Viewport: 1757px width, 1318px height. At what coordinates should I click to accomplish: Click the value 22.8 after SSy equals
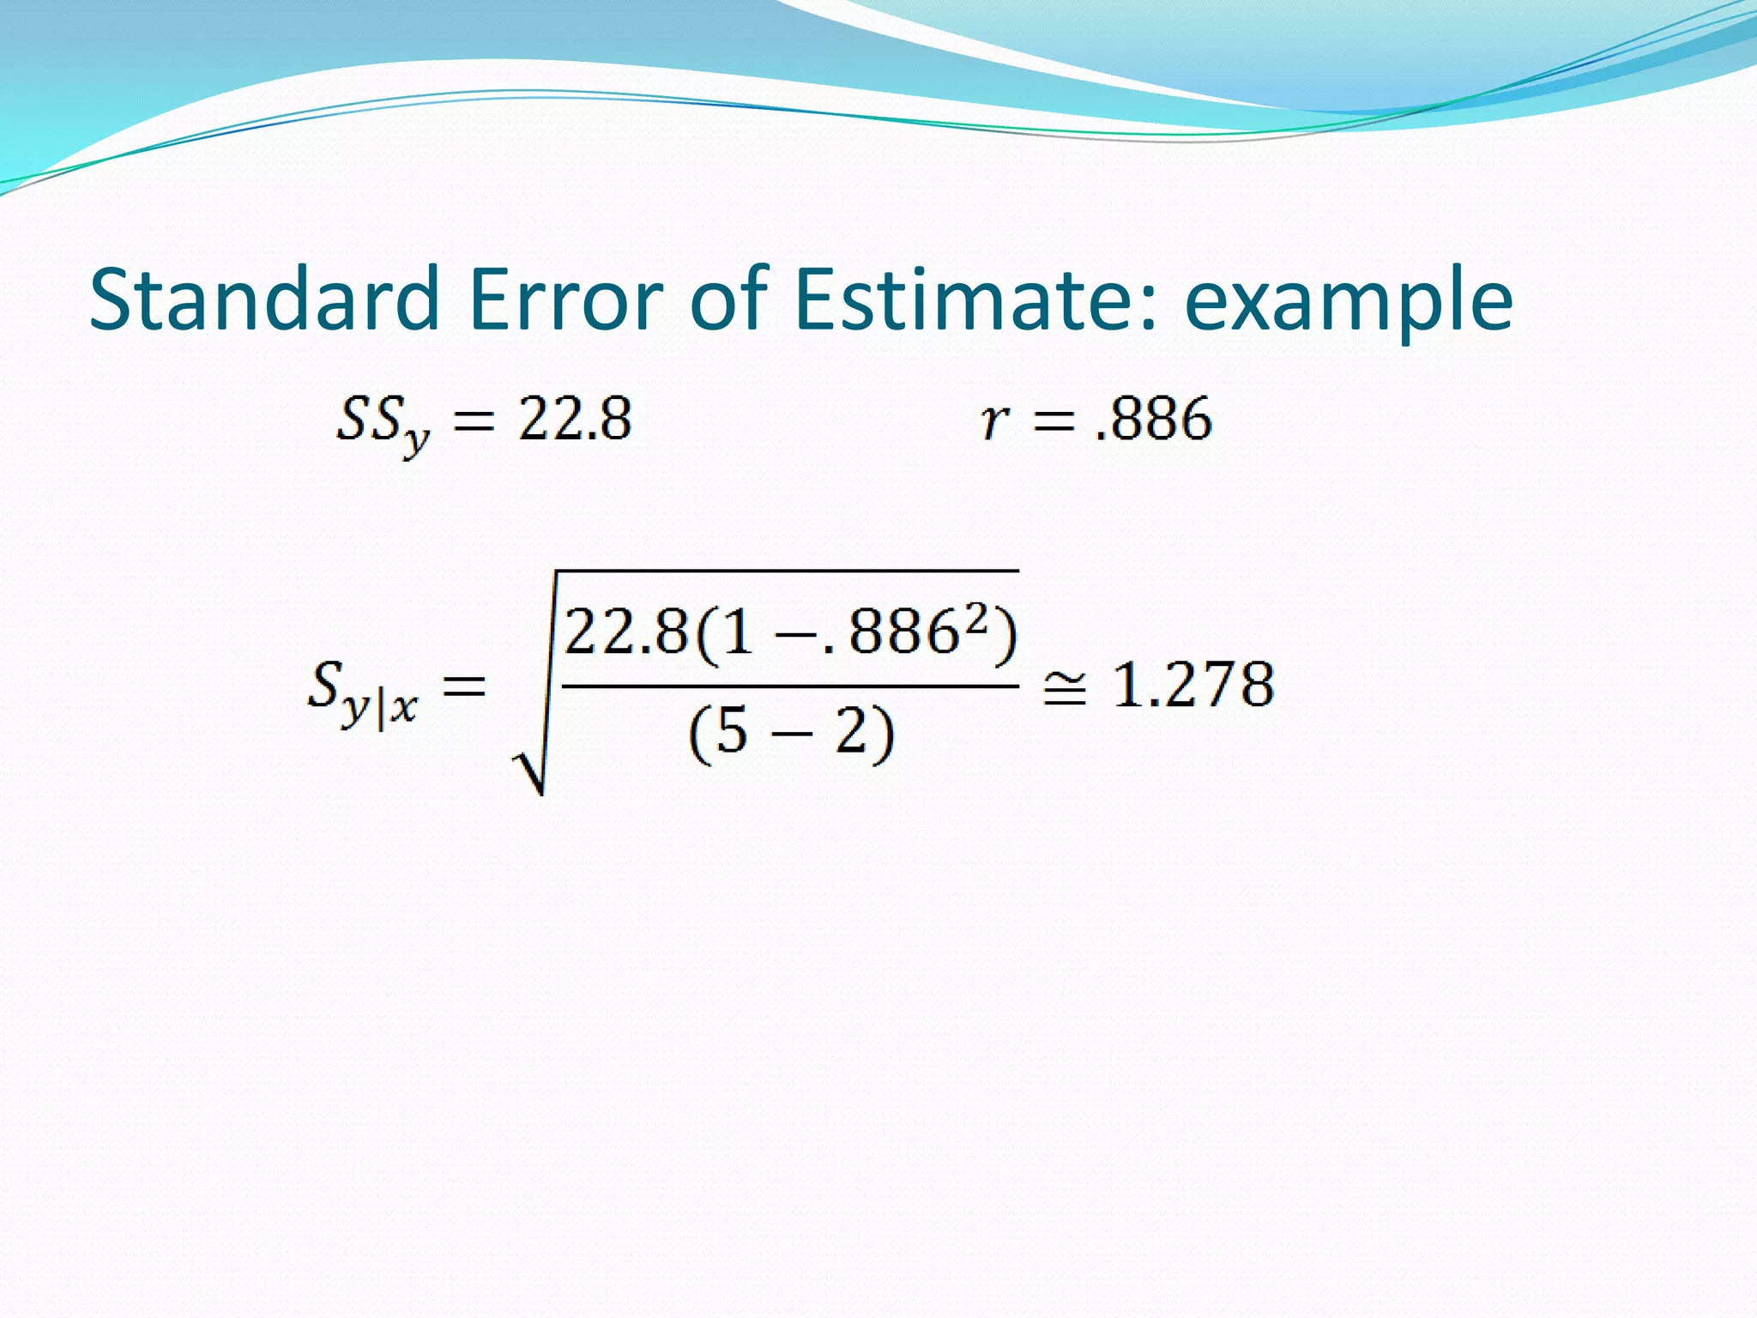575,420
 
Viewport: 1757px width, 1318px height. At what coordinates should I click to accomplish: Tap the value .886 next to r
1154,420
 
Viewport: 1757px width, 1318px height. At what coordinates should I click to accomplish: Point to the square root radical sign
530,764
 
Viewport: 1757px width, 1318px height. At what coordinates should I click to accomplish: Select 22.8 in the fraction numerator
626,632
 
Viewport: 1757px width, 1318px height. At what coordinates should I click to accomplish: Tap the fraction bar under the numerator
789,686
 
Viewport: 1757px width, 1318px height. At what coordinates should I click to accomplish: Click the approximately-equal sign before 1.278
1064,687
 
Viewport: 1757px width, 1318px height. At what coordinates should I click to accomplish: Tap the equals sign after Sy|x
463,686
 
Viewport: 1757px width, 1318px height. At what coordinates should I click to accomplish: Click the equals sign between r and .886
1054,420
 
